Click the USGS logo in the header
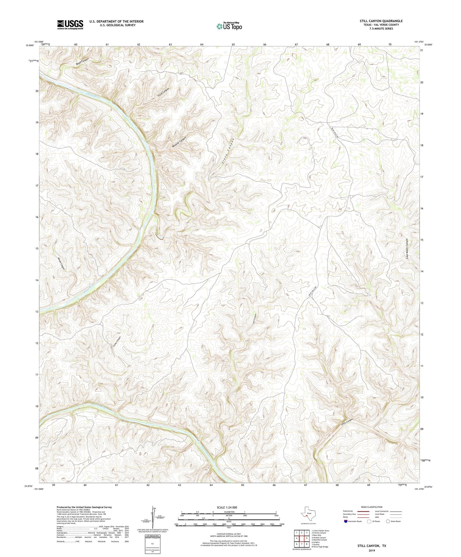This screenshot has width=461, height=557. [x=70, y=25]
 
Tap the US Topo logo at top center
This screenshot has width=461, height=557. [x=229, y=26]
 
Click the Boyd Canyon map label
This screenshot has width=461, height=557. [x=82, y=62]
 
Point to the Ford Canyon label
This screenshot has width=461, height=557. [x=164, y=92]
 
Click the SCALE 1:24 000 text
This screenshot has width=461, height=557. [x=227, y=507]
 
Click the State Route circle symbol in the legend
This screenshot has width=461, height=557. [x=388, y=521]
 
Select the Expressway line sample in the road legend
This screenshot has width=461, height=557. [x=362, y=511]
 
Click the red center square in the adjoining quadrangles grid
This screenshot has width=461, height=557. [x=301, y=538]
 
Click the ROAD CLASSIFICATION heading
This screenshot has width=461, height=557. [x=372, y=507]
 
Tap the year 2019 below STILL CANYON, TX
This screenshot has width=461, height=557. [x=372, y=550]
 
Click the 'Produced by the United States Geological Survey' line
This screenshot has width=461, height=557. [x=84, y=507]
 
